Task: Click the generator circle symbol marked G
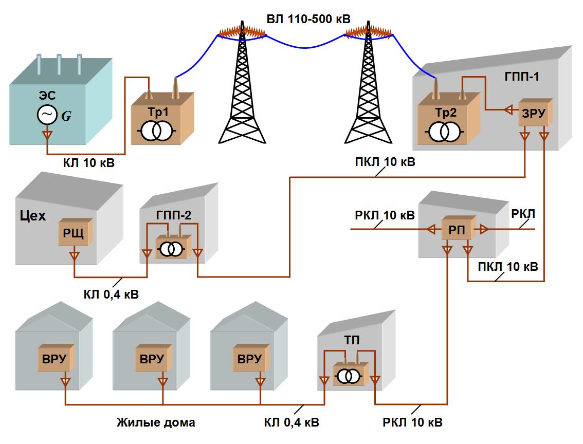47,115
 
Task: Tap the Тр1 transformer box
162,119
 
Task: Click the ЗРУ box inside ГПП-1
535,113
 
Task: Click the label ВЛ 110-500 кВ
308,19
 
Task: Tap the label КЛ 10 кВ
89,163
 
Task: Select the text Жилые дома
156,422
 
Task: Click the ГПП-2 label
174,215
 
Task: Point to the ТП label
351,340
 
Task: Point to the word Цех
33,216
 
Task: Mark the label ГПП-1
522,77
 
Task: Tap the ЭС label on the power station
47,96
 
